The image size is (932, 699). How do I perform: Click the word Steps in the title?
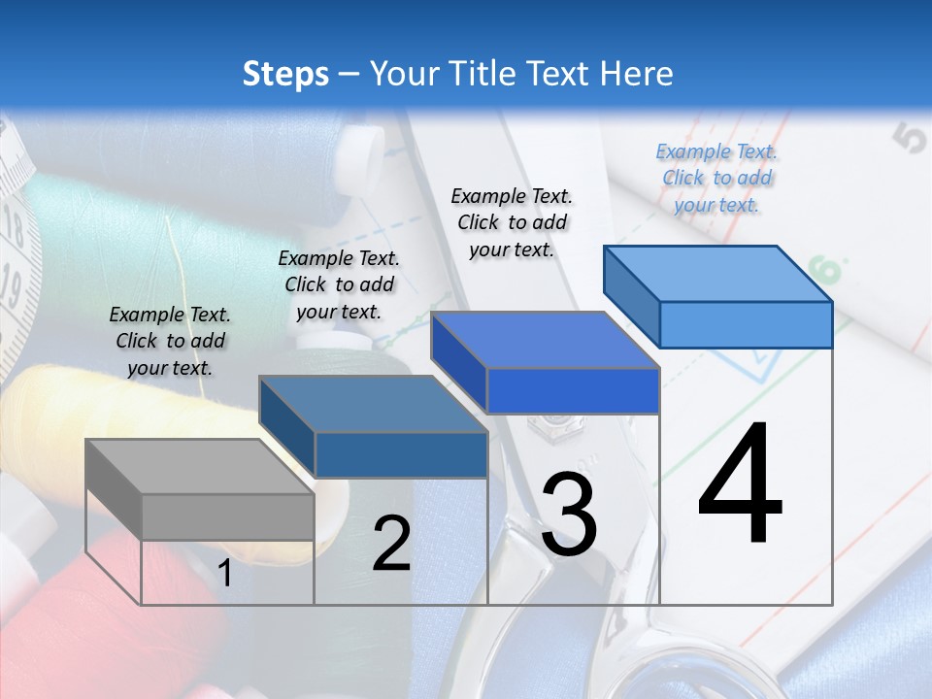[x=285, y=74]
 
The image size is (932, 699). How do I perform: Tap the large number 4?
[x=740, y=485]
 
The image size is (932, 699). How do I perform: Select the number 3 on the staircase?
[x=569, y=515]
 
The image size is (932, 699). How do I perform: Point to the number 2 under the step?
[x=391, y=544]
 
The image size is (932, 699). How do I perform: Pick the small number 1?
[x=224, y=574]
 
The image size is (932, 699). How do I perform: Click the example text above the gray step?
[x=170, y=341]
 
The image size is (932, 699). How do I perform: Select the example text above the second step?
[x=339, y=284]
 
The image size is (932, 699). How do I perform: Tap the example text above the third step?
[x=512, y=222]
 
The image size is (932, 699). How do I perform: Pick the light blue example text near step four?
[x=716, y=178]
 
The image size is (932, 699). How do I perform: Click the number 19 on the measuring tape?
[x=12, y=286]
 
